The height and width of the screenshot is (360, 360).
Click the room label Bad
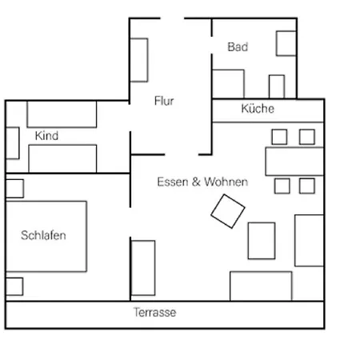[x=238, y=47]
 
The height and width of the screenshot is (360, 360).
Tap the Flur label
[x=164, y=102]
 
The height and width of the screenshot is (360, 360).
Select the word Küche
[x=258, y=109]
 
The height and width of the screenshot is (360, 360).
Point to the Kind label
[x=46, y=136]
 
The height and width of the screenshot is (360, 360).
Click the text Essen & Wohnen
[x=202, y=182]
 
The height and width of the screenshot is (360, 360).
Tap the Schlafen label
[x=43, y=235]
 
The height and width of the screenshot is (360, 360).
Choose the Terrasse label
[x=154, y=313]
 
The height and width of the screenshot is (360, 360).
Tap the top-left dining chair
[x=280, y=137]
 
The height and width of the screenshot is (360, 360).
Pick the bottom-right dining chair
[x=307, y=186]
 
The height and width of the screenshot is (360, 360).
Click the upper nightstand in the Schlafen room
[x=14, y=189]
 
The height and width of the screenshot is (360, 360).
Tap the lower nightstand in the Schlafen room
[x=14, y=286]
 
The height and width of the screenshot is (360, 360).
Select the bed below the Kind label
[x=62, y=158]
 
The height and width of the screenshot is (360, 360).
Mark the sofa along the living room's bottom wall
[x=261, y=286]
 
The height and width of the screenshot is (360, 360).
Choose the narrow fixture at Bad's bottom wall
[x=276, y=86]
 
